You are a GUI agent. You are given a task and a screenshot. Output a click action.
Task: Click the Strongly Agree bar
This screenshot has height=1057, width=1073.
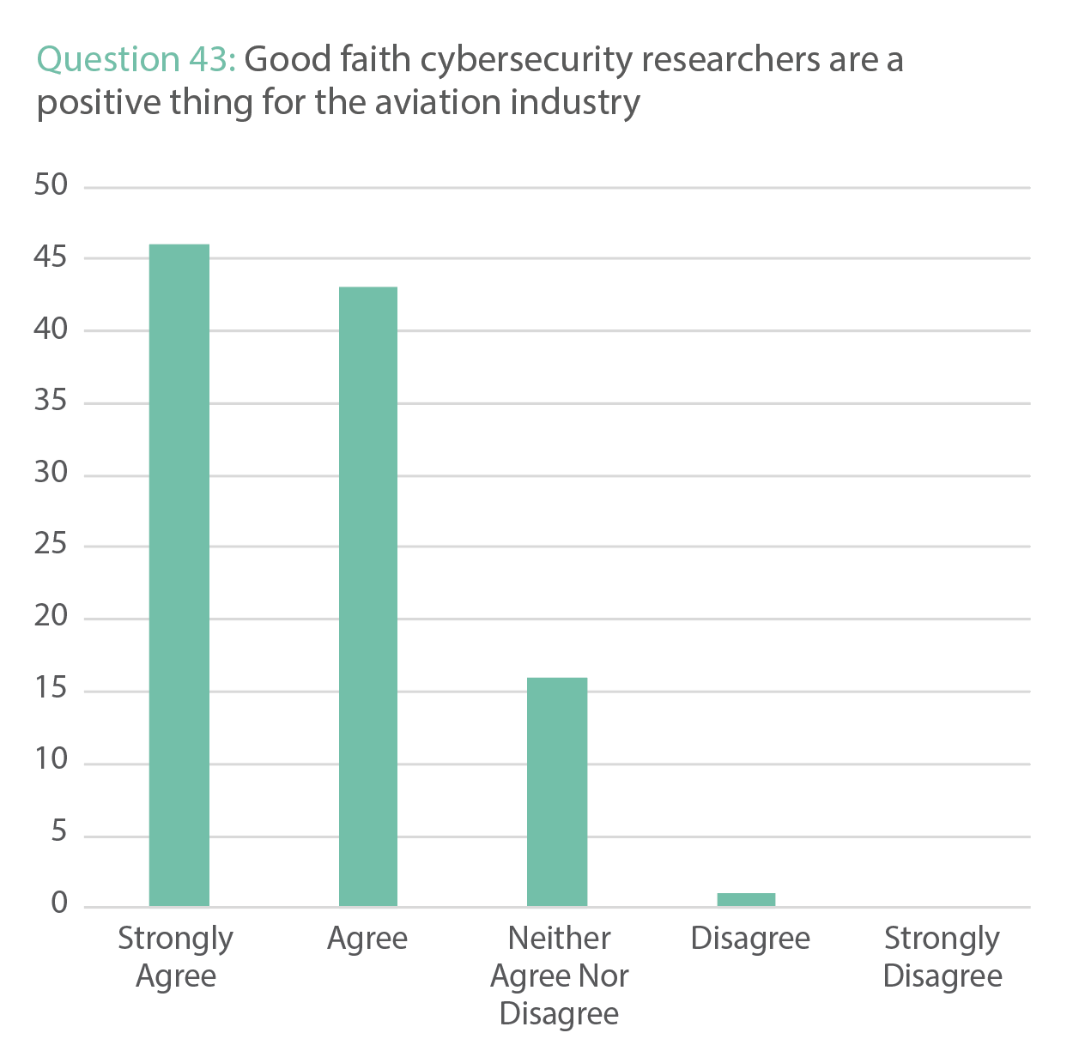click(179, 575)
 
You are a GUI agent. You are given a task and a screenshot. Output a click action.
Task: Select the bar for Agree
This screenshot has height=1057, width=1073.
click(368, 596)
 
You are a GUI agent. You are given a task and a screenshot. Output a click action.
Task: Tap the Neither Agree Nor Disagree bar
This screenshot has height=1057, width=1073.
click(557, 791)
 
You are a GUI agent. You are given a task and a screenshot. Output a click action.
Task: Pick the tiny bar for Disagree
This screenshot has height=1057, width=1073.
click(746, 899)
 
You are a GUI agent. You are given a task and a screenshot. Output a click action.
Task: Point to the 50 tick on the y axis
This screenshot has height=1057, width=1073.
click(51, 184)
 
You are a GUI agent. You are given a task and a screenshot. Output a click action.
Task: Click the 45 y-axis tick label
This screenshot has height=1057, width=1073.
click(51, 257)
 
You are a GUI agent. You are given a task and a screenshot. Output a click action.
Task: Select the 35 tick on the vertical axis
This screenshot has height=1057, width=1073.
click(51, 401)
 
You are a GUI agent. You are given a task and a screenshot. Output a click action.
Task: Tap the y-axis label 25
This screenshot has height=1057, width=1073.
click(51, 544)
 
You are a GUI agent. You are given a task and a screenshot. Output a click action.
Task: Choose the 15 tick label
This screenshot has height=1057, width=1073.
click(51, 688)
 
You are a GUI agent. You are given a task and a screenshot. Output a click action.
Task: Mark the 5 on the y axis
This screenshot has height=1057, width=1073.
click(58, 831)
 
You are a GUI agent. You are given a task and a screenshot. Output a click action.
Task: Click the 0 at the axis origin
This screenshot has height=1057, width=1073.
click(58, 903)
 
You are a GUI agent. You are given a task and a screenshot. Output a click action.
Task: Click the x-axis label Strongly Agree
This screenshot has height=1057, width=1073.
click(176, 957)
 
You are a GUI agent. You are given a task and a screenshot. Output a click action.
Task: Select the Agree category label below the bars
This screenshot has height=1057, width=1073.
click(367, 939)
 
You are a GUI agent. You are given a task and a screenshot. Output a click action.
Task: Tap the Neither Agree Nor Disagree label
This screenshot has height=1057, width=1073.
click(559, 975)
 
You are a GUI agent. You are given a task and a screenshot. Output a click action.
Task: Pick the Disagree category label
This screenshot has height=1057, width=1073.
click(750, 939)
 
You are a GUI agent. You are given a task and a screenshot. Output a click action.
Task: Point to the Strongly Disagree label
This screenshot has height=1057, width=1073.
click(942, 957)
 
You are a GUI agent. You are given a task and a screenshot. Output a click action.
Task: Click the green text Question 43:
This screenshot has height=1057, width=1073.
click(136, 60)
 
